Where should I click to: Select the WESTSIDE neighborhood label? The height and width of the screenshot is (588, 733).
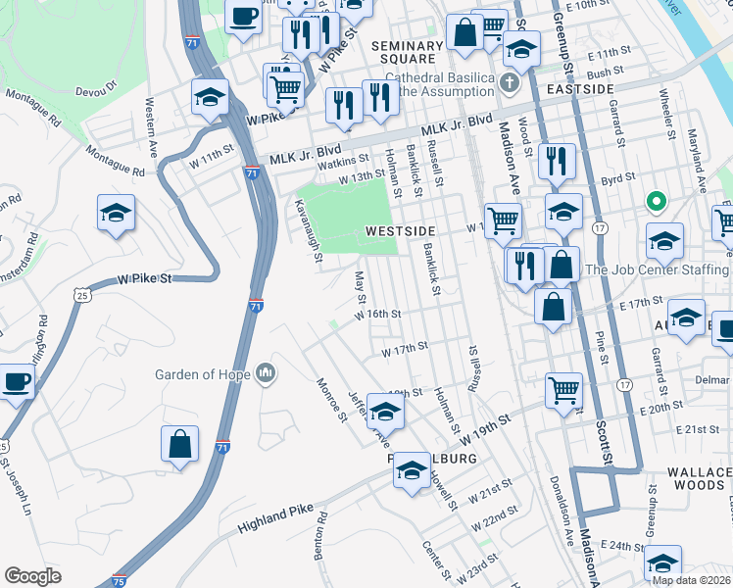(x=399, y=230)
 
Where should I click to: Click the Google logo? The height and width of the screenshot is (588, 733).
(x=32, y=576)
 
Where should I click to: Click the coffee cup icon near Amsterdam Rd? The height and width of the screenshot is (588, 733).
(x=16, y=381)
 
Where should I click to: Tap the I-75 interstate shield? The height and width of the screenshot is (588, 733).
(x=120, y=580)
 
